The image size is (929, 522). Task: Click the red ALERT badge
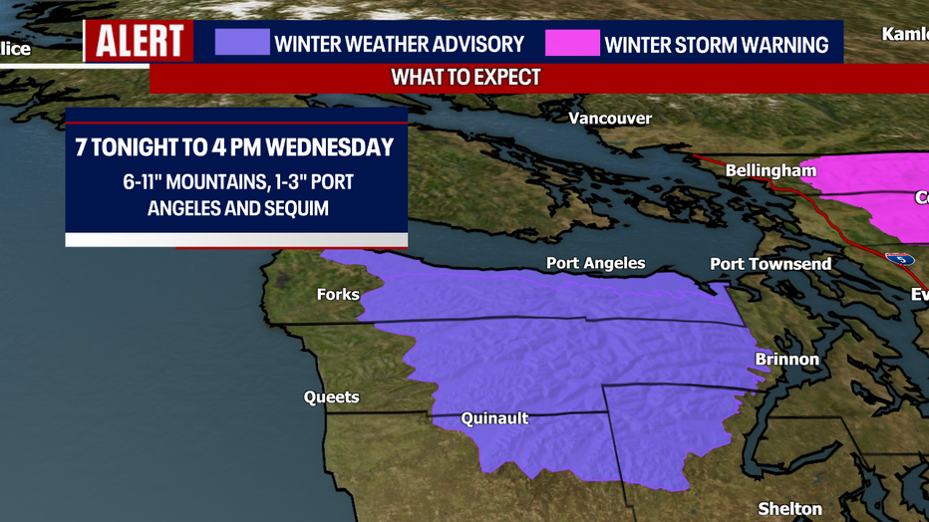tap(140, 42)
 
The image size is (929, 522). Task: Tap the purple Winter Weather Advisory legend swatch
tap(242, 43)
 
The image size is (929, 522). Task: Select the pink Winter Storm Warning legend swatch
tap(572, 44)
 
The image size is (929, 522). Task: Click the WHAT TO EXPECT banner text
tap(465, 77)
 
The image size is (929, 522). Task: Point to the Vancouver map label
tap(609, 119)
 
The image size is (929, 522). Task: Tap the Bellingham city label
tap(771, 170)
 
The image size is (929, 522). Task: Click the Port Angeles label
tap(595, 264)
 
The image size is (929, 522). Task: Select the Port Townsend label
tap(770, 264)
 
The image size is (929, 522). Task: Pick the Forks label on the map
tap(338, 294)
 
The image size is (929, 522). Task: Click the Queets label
tap(331, 397)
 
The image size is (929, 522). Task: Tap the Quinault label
tap(494, 419)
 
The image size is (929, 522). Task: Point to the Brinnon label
tap(786, 360)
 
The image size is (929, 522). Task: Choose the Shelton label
tap(790, 508)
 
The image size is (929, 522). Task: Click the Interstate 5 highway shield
tap(901, 258)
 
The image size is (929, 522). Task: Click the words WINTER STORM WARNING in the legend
tap(717, 45)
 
